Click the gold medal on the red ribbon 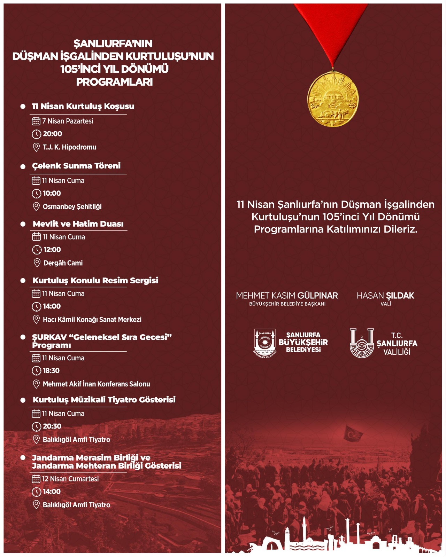[333, 99]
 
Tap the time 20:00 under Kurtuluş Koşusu [52, 134]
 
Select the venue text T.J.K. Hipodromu [69, 147]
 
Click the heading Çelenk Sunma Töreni [76, 166]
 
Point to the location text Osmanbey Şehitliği [72, 207]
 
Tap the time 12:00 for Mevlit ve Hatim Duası [52, 250]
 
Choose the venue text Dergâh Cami [63, 263]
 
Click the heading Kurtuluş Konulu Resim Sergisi [95, 280]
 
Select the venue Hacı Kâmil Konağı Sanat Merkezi [92, 320]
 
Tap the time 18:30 [51, 371]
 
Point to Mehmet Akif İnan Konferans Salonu [96, 384]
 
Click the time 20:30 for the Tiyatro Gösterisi [52, 426]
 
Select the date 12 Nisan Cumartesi [70, 479]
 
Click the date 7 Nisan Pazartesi [68, 121]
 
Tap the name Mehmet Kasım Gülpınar [287, 296]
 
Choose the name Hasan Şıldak [385, 296]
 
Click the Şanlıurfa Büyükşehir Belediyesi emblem [265, 343]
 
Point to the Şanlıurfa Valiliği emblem [362, 343]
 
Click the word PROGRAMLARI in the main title [114, 82]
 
